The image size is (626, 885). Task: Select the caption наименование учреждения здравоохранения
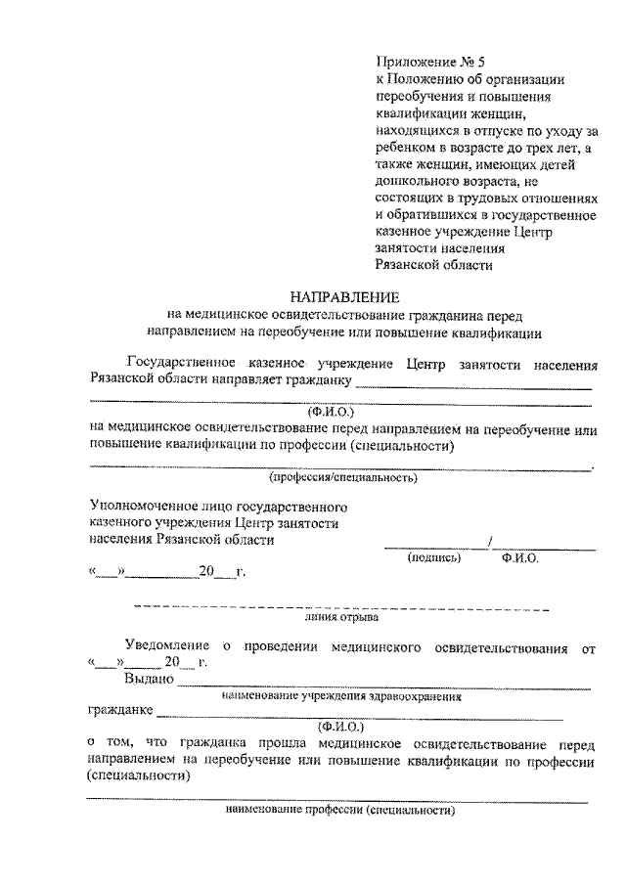pos(341,697)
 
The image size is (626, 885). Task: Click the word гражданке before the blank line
pos(118,711)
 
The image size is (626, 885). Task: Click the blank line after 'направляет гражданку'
pos(476,383)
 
